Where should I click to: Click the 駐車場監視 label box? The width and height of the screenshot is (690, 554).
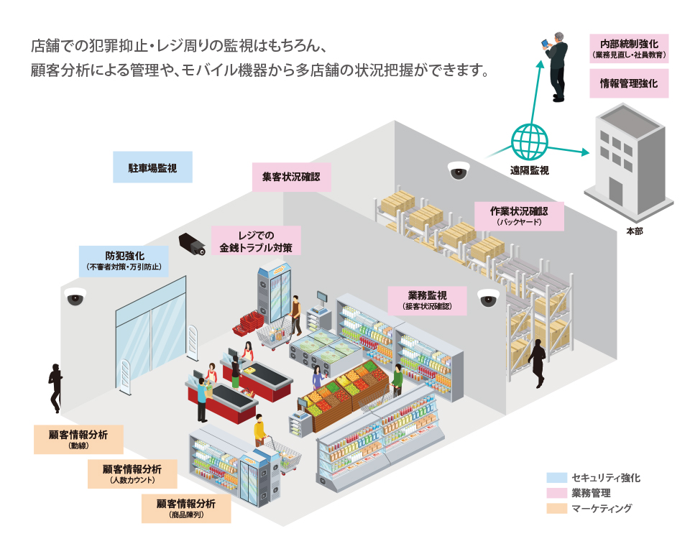click(152, 167)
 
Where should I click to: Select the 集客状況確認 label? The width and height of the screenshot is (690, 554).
click(291, 177)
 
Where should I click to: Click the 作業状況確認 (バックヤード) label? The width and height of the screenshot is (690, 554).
click(518, 216)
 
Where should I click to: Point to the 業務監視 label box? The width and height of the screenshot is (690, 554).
click(427, 300)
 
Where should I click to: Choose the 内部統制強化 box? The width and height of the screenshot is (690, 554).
click(629, 48)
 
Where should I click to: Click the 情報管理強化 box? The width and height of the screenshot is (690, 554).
click(629, 83)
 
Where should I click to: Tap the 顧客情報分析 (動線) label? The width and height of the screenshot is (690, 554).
click(78, 439)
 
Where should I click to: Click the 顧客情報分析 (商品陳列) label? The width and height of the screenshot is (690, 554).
click(186, 508)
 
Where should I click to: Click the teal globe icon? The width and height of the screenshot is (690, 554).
click(530, 142)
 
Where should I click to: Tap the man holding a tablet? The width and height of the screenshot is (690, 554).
click(556, 65)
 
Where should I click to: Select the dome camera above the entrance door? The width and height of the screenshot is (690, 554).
click(75, 297)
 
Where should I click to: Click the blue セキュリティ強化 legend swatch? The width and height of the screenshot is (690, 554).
click(556, 477)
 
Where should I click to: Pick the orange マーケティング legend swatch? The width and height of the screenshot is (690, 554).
click(556, 509)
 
